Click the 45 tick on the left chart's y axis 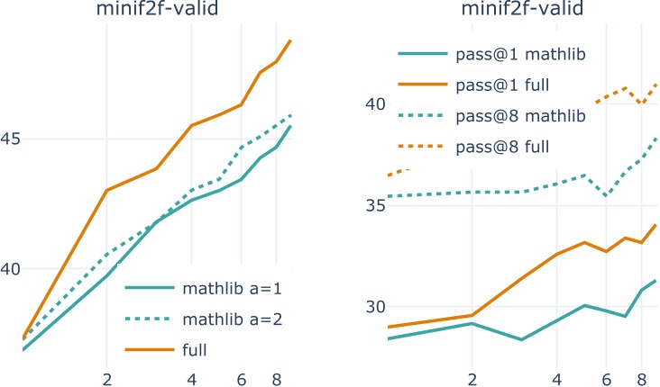click(18, 139)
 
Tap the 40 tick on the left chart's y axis click(18, 269)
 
